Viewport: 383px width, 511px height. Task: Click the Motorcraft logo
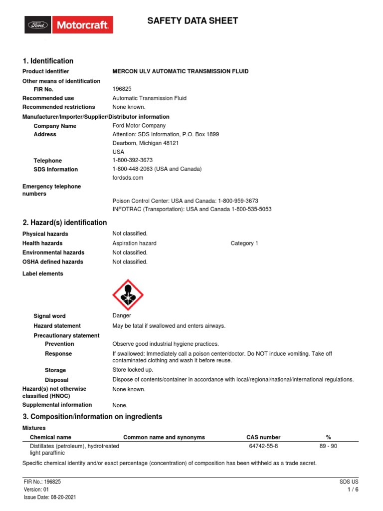coord(69,24)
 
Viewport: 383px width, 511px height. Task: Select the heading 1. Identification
coord(48,61)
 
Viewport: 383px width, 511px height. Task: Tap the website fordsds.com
coord(128,178)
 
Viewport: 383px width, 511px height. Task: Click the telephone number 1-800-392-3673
coord(133,160)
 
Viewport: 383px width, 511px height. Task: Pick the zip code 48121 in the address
coord(171,143)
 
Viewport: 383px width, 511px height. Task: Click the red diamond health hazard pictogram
coord(129,294)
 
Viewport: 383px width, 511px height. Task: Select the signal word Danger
coord(122,315)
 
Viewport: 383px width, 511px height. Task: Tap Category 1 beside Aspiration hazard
coord(244,243)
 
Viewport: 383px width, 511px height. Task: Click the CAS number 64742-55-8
coord(263,446)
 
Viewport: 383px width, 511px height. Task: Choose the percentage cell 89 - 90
coord(328,446)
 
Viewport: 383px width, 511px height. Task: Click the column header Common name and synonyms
coord(164,437)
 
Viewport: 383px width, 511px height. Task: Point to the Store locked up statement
coord(133,370)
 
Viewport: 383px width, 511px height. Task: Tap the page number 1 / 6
coord(353,490)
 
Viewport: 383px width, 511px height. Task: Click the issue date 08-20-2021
coord(59,498)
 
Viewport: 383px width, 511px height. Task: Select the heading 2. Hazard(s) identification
coord(65,223)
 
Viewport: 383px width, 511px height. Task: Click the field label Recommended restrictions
coord(59,107)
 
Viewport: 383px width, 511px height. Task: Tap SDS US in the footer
coord(349,482)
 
